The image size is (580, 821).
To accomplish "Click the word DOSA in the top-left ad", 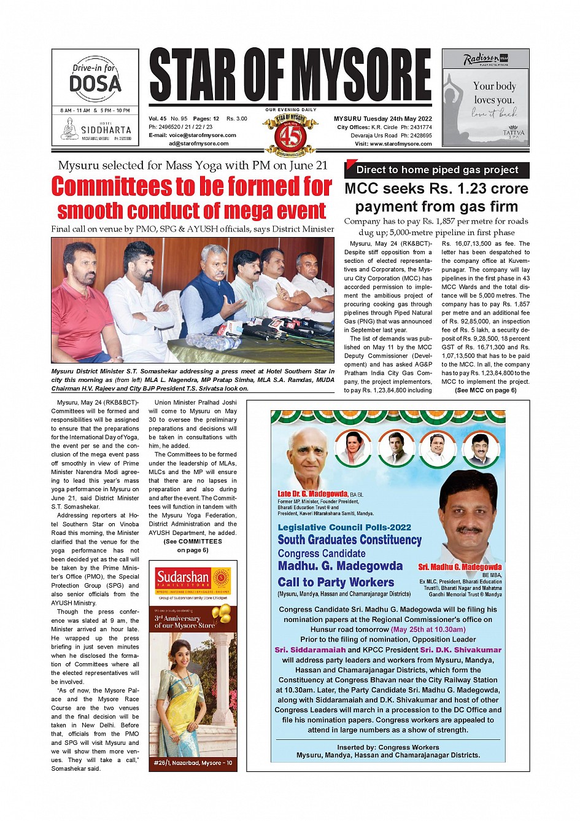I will (95, 83).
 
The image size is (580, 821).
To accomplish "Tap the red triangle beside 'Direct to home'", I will (350, 165).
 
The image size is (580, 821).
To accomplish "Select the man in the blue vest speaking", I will (211, 295).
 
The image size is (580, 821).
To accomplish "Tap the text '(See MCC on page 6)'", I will (485, 391).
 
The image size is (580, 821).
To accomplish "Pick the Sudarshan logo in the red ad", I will (183, 578).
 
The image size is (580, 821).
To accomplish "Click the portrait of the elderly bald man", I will (307, 457).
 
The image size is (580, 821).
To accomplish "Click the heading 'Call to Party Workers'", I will (336, 582).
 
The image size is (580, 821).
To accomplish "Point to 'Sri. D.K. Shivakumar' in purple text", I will (460, 650).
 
